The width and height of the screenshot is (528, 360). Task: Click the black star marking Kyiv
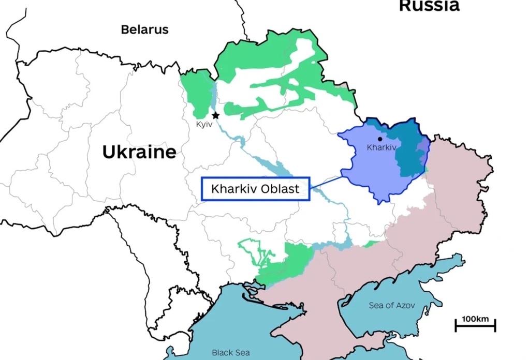215,115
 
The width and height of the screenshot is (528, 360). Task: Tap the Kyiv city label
204,125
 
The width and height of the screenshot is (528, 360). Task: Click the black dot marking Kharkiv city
380,139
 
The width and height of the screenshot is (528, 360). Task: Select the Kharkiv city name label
382,147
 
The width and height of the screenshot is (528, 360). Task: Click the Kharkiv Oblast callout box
255,189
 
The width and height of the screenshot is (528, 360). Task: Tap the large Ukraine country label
139,152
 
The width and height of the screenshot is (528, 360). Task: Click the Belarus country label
144,29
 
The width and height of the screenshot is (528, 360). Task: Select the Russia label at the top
429,6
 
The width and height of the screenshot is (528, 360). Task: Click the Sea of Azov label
391,305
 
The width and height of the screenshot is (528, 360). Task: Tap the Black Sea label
231,352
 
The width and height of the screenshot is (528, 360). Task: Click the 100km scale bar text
475,319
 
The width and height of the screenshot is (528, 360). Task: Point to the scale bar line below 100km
475,326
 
